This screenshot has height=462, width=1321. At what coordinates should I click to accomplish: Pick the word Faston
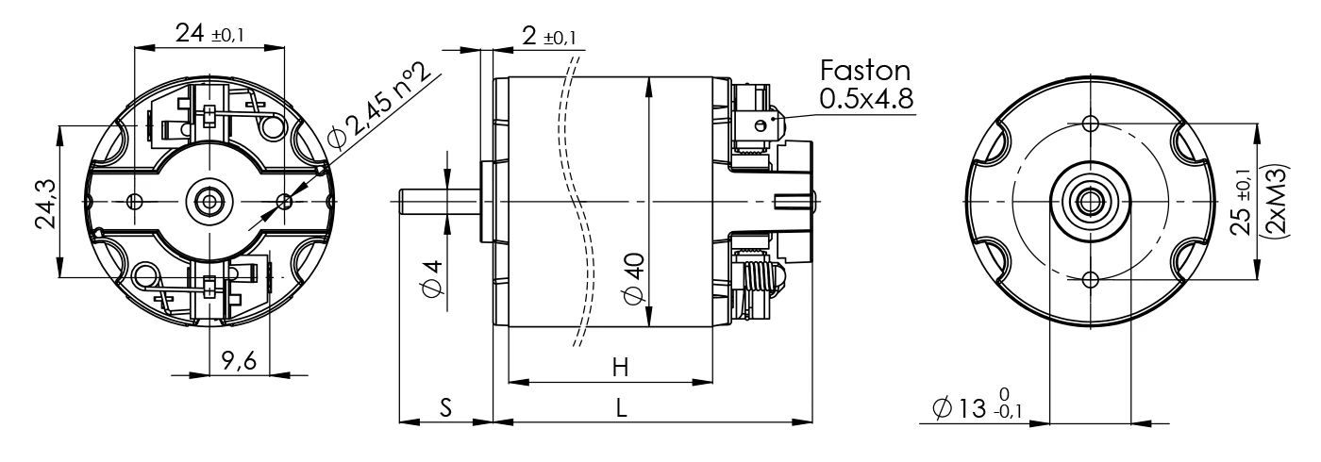pyautogui.click(x=865, y=71)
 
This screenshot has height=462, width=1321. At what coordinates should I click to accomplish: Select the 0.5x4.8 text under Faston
pyautogui.click(x=866, y=98)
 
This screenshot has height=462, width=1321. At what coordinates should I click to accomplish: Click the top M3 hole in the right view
pyautogui.click(x=1090, y=124)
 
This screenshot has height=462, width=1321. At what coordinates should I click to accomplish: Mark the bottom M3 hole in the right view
pyautogui.click(x=1090, y=279)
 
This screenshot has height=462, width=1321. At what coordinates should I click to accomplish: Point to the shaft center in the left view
pyautogui.click(x=209, y=201)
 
